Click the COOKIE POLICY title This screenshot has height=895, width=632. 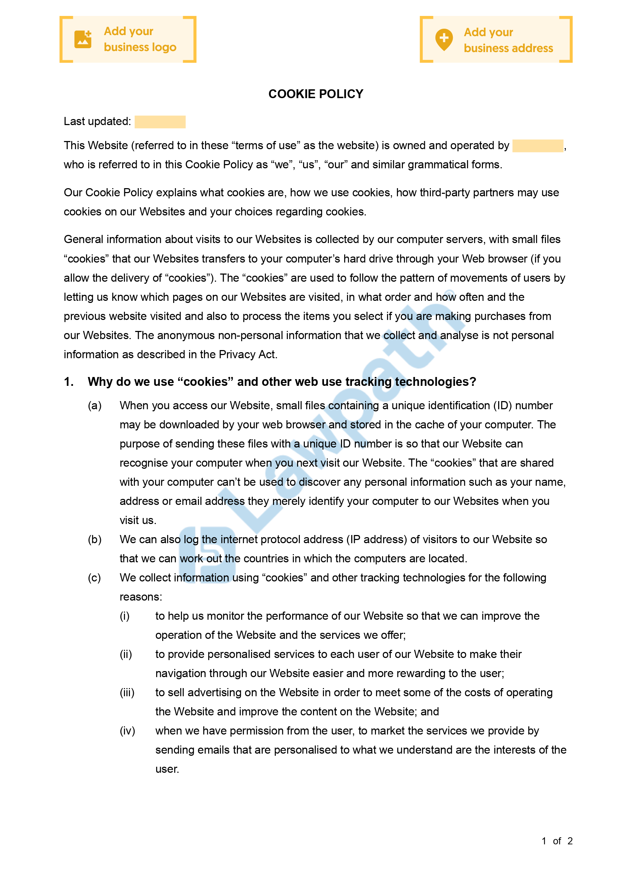tap(315, 94)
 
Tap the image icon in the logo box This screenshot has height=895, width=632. tap(83, 39)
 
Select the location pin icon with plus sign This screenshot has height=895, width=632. tap(444, 39)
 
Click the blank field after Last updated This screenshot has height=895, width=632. tap(160, 122)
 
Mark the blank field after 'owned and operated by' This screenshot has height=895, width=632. tap(537, 146)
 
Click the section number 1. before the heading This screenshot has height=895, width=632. tap(69, 382)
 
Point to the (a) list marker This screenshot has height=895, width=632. tap(95, 405)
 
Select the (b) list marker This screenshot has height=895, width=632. tap(95, 539)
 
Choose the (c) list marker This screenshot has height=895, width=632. tap(95, 577)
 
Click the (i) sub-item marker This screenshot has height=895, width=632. tap(125, 616)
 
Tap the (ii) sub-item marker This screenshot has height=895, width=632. tap(126, 654)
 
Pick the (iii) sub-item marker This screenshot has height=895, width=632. tap(127, 692)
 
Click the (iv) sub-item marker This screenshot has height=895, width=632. tap(127, 731)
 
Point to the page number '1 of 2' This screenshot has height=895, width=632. tap(557, 841)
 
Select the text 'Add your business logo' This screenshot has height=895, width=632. tap(140, 39)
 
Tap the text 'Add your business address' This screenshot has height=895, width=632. tap(508, 40)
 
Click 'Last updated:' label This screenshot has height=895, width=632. tap(97, 122)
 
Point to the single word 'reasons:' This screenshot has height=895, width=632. tap(141, 597)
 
